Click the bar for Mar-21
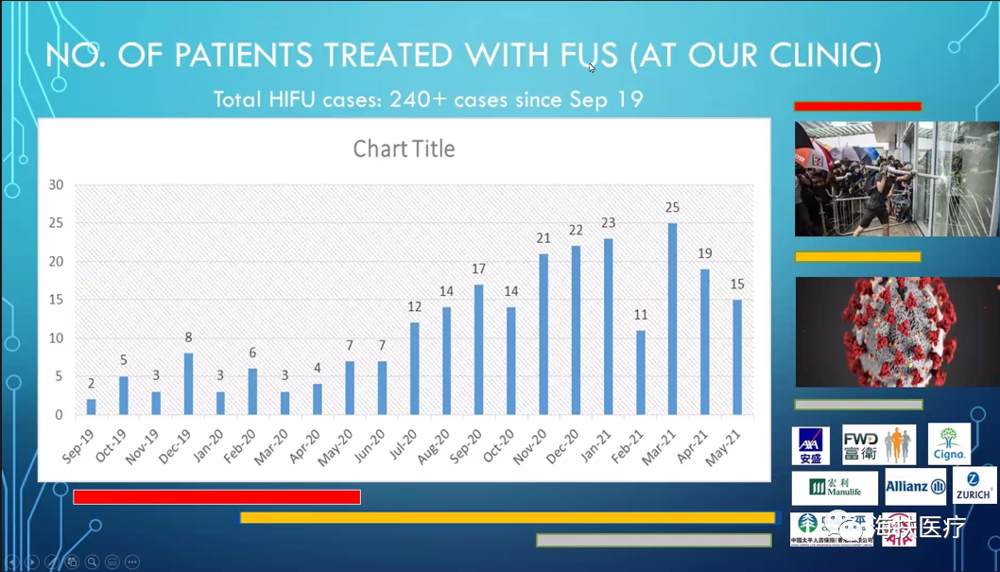[x=673, y=319]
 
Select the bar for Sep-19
[x=92, y=407]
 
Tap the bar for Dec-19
[x=188, y=384]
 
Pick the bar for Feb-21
[x=641, y=373]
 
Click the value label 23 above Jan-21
[x=609, y=223]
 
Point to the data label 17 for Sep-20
[x=479, y=269]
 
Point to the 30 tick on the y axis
[x=57, y=185]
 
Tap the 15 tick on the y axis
[x=57, y=300]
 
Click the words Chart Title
[x=404, y=149]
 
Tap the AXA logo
[x=810, y=445]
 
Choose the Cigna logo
[x=949, y=444]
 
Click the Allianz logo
[x=915, y=487]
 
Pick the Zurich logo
[x=974, y=485]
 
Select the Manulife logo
[x=835, y=488]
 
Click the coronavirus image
[x=896, y=332]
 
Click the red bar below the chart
[x=216, y=497]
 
